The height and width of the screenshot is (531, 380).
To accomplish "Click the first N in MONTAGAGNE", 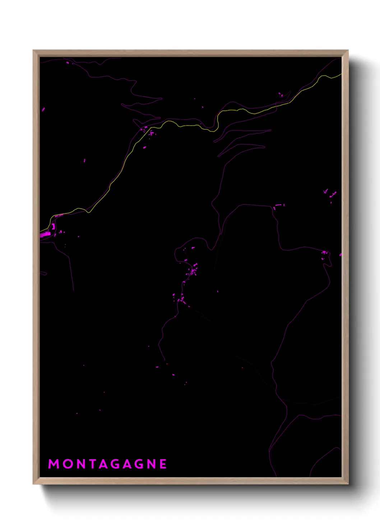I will [80, 464].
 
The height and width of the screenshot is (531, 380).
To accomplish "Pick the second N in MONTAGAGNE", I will [151, 464].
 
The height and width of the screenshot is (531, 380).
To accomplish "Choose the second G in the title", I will [138, 464].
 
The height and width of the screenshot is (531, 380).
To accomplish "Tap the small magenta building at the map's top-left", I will [68, 63].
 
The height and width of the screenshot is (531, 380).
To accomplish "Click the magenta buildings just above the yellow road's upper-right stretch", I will [281, 95].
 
